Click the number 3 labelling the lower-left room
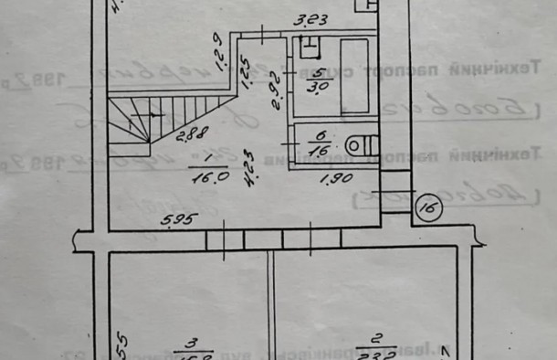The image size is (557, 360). pos(191,344)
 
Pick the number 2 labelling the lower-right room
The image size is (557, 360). pos(372,344)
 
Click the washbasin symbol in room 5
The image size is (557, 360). pos(310,45)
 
